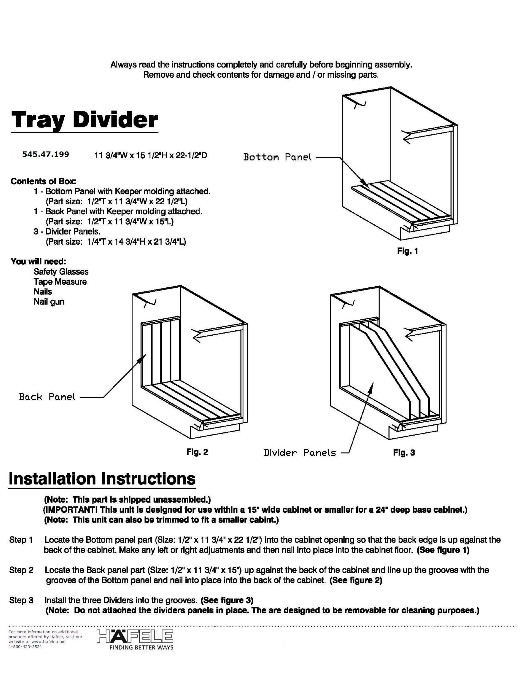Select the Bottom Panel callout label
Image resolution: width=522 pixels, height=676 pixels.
point(277,157)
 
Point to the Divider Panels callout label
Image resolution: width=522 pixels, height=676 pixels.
point(300,453)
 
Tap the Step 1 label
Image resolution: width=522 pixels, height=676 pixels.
point(21,540)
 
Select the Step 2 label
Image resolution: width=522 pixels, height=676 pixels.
point(21,570)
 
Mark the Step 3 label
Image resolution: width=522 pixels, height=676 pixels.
point(21,600)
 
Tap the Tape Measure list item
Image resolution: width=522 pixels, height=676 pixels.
point(60,282)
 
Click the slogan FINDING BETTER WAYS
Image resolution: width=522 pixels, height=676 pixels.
point(141,648)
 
